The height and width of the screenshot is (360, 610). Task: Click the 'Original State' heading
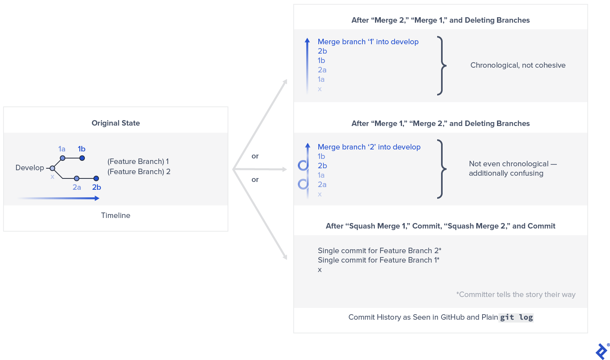pos(116,123)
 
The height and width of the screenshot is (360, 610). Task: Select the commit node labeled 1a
pos(63,158)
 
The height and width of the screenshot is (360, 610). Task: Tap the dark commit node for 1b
pos(82,158)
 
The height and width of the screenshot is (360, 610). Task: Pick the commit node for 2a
pos(77,178)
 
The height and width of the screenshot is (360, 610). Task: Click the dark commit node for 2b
pos(96,178)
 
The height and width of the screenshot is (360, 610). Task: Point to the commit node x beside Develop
pos(52,168)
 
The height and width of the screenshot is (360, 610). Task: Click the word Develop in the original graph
pos(30,168)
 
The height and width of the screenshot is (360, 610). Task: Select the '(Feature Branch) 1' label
pos(138,162)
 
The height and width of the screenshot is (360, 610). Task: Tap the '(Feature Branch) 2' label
pos(139,172)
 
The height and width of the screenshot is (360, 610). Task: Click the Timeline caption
pos(116,216)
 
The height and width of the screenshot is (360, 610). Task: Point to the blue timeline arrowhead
pos(97,198)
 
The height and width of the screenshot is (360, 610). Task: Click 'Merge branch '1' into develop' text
pos(368,42)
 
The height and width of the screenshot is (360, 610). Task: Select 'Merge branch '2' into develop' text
pos(369,147)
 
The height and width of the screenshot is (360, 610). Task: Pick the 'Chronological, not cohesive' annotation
pos(518,65)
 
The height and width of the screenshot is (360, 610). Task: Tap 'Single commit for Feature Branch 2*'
pos(379,251)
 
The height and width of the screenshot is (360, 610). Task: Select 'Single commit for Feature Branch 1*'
pos(379,260)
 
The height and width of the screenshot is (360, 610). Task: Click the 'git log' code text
pos(517,317)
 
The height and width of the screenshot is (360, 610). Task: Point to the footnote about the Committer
pos(516,295)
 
